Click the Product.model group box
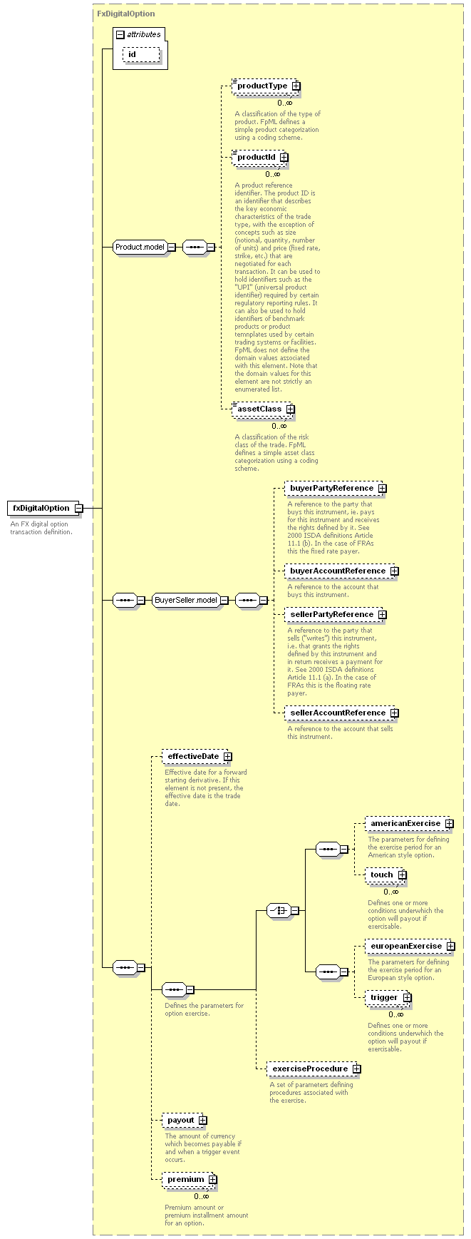[145, 247]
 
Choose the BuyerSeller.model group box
[190, 600]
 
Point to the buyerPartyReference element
[336, 489]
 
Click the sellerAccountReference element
[341, 713]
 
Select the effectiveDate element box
[197, 756]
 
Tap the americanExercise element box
[410, 823]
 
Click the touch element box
[386, 875]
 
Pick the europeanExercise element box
[410, 947]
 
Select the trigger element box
[388, 998]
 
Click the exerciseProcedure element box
[314, 1069]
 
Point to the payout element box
[185, 1121]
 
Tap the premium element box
[190, 1180]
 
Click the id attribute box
[142, 55]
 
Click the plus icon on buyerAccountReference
[394, 571]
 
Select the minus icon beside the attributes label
[120, 34]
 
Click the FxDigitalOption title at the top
[126, 14]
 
